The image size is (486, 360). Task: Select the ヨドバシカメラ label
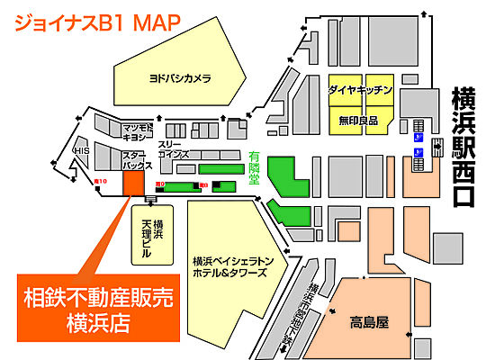(180, 78)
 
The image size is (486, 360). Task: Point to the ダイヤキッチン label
(360, 91)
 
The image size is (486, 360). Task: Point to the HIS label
(81, 151)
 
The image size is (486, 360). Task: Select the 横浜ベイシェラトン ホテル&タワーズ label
(229, 266)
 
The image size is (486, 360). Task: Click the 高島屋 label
(369, 319)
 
